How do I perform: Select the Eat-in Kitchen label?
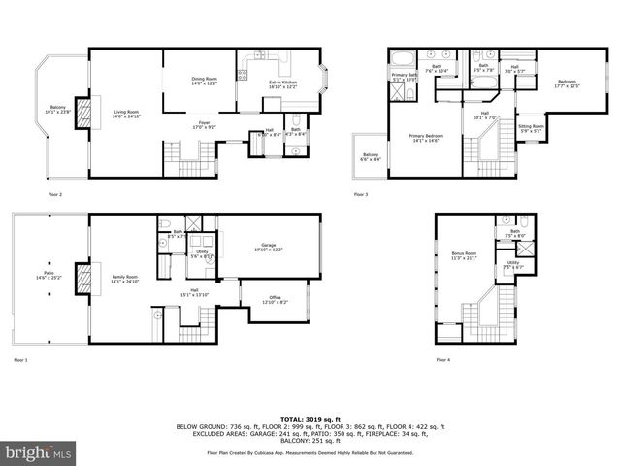pos(282,84)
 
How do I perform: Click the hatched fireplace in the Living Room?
pos(82,113)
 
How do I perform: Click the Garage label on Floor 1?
pos(268,248)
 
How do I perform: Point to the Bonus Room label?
pos(465,256)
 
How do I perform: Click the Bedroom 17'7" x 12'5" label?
pos(568,83)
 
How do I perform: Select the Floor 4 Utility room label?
pos(513,265)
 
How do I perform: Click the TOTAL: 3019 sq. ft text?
pos(310,416)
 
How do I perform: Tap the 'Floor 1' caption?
pos(21,360)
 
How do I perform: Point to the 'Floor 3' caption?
pos(361,195)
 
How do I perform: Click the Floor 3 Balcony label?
pos(372,157)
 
